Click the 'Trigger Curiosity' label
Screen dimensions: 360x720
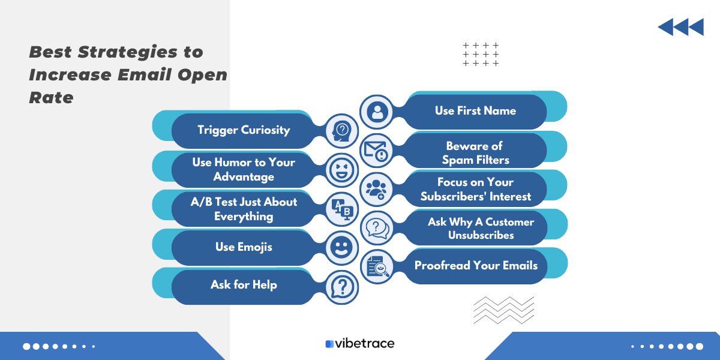[x=244, y=130]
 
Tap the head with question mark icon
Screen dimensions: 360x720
[x=342, y=131]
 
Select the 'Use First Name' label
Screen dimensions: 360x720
[x=475, y=110]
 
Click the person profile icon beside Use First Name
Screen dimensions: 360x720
[x=377, y=112]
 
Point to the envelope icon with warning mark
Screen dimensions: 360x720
[x=377, y=150]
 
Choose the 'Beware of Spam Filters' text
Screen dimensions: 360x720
[x=475, y=153]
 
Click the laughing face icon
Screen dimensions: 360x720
[x=342, y=170]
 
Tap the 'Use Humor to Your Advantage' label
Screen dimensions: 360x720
[x=244, y=169]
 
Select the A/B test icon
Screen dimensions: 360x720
[x=342, y=208]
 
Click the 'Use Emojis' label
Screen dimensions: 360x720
[x=244, y=247]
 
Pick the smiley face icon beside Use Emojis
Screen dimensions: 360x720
[x=342, y=247]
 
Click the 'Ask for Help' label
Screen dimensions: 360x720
[x=244, y=285]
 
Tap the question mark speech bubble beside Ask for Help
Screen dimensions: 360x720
[x=342, y=286]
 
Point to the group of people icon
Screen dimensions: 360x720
[x=377, y=189]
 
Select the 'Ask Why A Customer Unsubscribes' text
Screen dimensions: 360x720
[x=481, y=229]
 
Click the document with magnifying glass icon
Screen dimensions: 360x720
[x=377, y=266]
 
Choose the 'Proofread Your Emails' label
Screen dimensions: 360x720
[x=476, y=265]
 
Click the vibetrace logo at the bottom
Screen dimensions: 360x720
[x=360, y=344]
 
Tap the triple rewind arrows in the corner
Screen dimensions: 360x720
[x=680, y=27]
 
